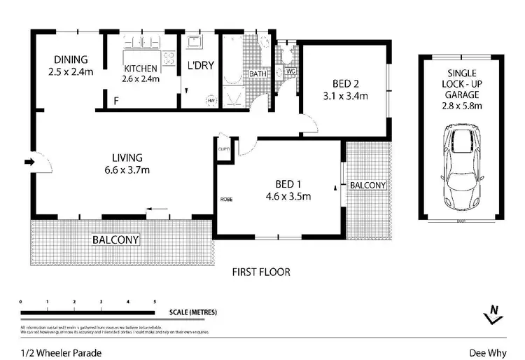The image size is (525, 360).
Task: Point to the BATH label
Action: (x=258, y=74)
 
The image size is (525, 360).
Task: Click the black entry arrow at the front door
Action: (x=29, y=162)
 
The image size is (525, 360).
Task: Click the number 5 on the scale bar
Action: (x=155, y=301)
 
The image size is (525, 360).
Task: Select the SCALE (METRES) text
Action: (x=192, y=312)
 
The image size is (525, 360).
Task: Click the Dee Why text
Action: (x=484, y=353)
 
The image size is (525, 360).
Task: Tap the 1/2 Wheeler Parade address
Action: (x=50, y=353)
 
